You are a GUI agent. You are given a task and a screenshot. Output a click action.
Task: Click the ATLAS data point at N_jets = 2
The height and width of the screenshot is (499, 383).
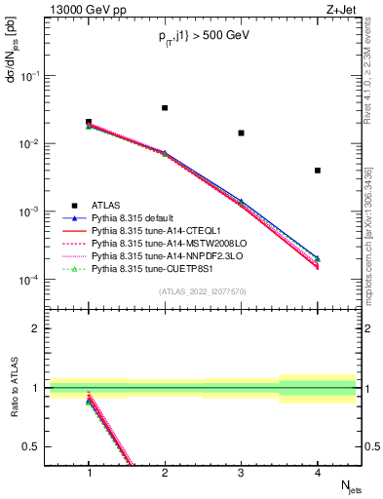coord(165,108)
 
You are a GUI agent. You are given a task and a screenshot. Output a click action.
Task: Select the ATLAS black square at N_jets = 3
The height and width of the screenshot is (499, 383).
coord(241,133)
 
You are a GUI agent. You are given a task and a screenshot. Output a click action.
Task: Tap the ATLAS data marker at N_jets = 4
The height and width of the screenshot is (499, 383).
coord(318,171)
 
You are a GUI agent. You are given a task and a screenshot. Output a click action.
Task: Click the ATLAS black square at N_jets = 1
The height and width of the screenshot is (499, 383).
coord(89,123)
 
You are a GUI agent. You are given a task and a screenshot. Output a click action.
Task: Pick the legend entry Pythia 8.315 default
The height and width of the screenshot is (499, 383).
coord(130,217)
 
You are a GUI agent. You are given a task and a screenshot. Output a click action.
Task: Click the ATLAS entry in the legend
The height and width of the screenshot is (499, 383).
coord(106,205)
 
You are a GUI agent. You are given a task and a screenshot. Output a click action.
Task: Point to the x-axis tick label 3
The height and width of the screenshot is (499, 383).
coord(241,472)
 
